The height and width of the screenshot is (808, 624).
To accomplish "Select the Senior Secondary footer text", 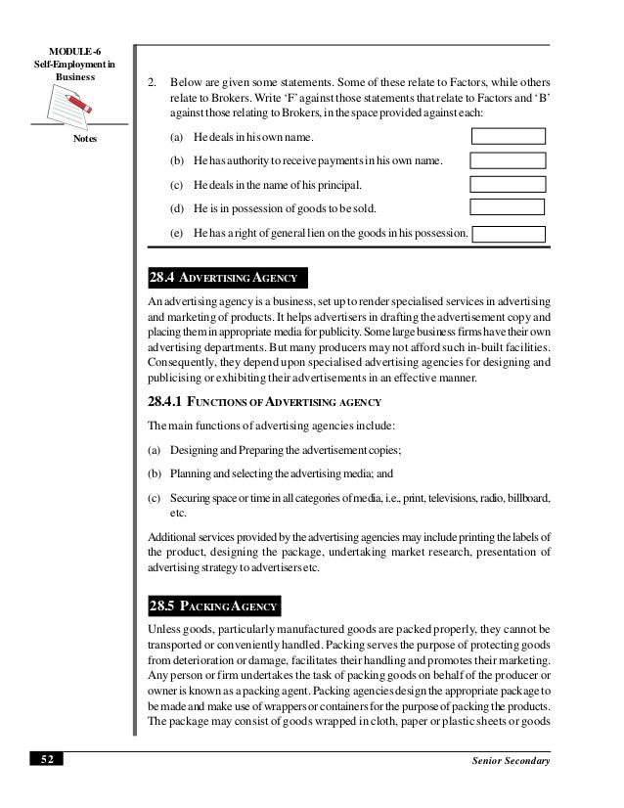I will [x=512, y=761].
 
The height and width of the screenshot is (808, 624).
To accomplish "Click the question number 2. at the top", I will [x=153, y=83].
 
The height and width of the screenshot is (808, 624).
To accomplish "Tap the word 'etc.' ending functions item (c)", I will [x=178, y=514].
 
